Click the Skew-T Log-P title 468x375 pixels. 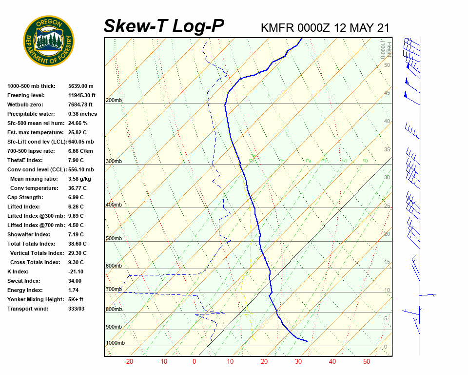click(x=164, y=26)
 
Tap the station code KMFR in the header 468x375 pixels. click(x=277, y=28)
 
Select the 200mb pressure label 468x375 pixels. click(x=114, y=101)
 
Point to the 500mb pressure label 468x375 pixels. click(x=114, y=239)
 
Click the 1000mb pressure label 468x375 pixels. click(x=115, y=343)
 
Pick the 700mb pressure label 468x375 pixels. click(x=114, y=290)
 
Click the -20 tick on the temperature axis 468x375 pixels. click(x=129, y=362)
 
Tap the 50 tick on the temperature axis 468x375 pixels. click(x=367, y=362)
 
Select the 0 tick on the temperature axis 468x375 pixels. click(x=194, y=362)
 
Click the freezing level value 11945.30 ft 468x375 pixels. click(x=82, y=95)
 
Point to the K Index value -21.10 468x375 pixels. click(x=76, y=271)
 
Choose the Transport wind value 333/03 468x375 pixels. click(x=76, y=309)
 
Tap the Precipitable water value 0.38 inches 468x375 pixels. click(x=82, y=114)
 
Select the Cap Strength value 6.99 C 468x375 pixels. click(x=76, y=197)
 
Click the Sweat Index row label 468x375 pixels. click(x=24, y=281)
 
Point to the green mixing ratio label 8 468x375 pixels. click(x=365, y=160)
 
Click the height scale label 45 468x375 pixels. click(x=387, y=93)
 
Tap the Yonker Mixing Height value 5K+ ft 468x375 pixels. click(x=76, y=299)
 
